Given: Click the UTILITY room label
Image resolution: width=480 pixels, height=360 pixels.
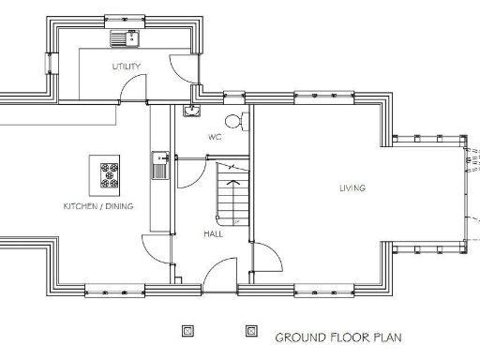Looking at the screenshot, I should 127,67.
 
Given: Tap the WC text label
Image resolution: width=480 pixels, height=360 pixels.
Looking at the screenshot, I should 215,137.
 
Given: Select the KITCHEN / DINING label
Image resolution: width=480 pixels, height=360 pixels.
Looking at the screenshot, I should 97,205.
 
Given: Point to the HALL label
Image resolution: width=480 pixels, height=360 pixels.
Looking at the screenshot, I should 213,233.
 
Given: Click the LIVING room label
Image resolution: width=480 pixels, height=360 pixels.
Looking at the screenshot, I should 352,188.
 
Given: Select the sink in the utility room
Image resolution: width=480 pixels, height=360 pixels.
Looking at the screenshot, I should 124,38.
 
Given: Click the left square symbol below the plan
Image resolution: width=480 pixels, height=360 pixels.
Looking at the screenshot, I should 188,331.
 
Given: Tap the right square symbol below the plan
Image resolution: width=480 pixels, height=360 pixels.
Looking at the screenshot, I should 250,331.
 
